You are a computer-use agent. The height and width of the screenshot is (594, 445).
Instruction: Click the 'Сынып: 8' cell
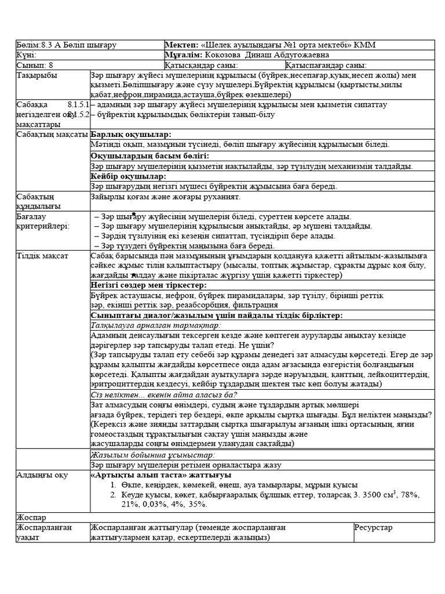pos(35,66)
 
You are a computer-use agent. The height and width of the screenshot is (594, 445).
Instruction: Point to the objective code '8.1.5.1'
pos(78,104)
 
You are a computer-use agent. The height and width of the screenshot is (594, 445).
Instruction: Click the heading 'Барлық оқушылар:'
pos(131,135)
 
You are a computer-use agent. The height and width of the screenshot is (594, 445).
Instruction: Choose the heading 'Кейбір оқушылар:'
pos(128,176)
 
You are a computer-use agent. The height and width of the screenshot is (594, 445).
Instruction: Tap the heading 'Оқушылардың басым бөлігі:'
pos(149,155)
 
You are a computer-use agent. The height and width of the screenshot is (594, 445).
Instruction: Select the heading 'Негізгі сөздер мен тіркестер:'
pos(148,285)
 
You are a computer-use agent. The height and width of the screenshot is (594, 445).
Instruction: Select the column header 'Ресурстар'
pos(373,527)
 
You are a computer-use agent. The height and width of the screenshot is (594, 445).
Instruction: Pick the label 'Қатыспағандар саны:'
pos(326,66)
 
